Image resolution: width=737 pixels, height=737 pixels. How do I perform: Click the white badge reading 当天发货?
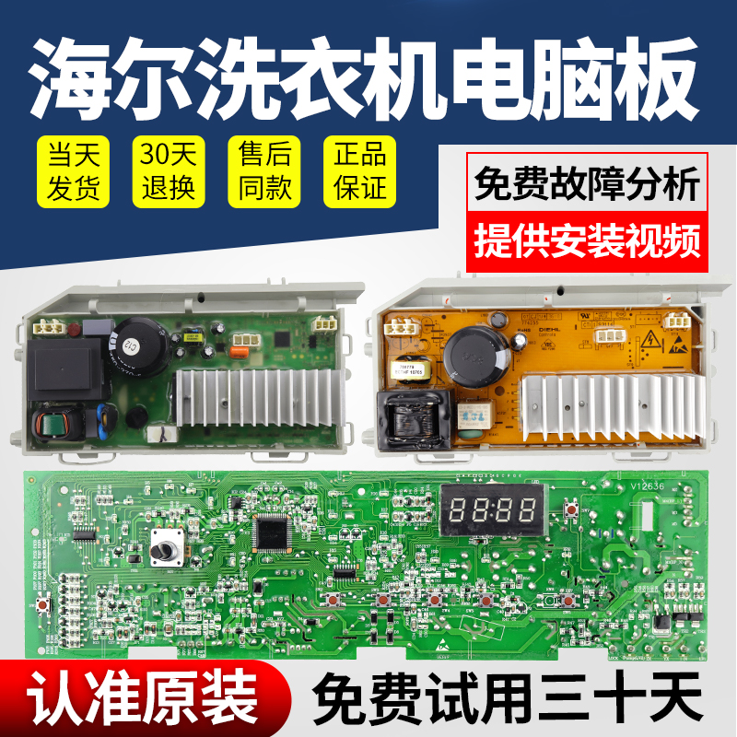pyautogui.click(x=72, y=172)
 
